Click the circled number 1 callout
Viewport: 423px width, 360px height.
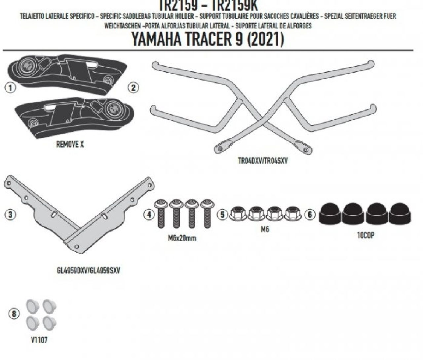[11, 88]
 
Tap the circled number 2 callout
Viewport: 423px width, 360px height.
[133, 88]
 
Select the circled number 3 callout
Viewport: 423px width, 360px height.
[10, 214]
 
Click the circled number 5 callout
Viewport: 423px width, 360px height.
[223, 215]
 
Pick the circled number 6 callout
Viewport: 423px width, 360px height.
[310, 215]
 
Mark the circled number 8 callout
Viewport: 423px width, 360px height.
[14, 314]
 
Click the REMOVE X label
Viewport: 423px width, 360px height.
[70, 144]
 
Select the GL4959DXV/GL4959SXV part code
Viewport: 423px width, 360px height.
[88, 270]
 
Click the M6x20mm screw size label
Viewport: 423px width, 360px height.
[182, 238]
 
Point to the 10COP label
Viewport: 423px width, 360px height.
[365, 236]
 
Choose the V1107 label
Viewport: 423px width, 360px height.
[39, 340]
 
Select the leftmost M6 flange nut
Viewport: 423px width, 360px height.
[237, 214]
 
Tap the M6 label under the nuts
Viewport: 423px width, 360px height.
[265, 230]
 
